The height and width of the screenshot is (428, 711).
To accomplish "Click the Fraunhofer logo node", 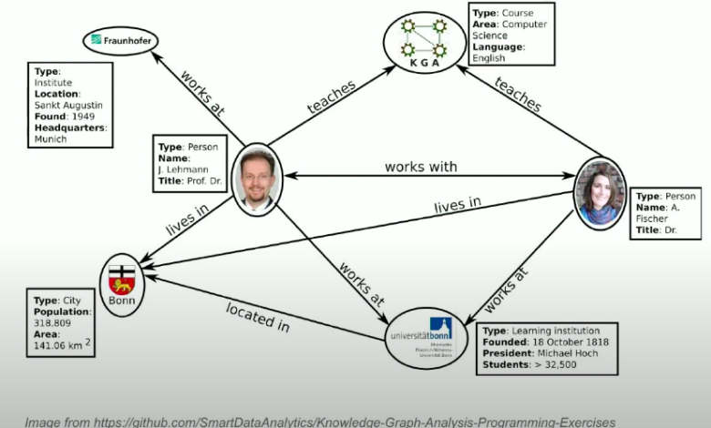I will [x=121, y=40].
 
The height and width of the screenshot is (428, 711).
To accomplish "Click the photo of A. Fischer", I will [x=599, y=193].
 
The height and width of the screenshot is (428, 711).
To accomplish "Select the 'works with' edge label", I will [x=420, y=167].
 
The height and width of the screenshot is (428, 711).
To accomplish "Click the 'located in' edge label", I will [x=257, y=315].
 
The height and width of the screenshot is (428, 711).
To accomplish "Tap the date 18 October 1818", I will [x=570, y=342].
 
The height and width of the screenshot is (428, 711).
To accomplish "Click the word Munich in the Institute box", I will [x=52, y=139].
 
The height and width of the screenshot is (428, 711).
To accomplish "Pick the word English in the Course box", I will [x=489, y=57].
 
